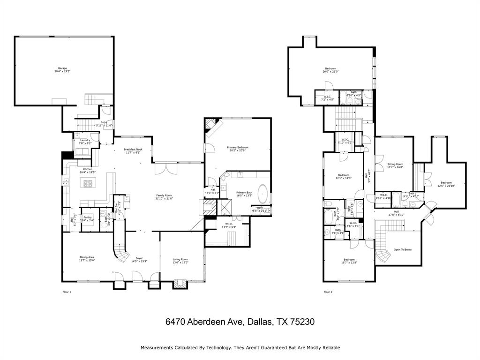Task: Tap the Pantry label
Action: pos(88,217)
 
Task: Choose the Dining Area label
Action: pos(87,258)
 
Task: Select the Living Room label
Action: pos(180,261)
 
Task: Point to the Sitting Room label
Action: pos(395,165)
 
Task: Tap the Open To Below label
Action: pos(403,249)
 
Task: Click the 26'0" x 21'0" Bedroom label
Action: pos(330,70)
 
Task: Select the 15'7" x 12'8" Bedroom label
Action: pos(349,261)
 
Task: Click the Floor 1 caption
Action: pos(67,292)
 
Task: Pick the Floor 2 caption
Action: pos(328,292)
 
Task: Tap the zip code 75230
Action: pos(302,322)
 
